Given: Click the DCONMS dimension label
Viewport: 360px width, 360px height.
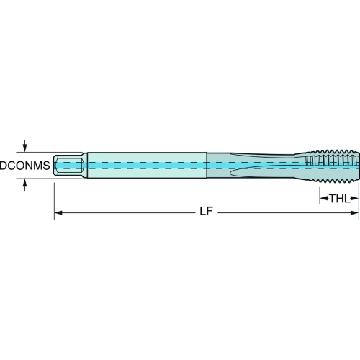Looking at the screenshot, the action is click(x=25, y=166).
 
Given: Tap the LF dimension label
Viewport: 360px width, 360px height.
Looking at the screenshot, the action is click(x=207, y=211).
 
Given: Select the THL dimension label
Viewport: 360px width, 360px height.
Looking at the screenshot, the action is click(x=339, y=199).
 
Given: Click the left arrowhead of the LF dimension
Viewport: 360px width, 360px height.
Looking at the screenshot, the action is click(x=58, y=212).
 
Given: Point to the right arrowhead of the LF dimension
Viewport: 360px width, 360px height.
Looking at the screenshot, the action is click(x=354, y=212).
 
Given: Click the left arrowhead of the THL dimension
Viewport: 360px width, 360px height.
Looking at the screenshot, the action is click(x=324, y=199).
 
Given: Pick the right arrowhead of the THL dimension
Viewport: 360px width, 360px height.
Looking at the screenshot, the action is click(x=354, y=199).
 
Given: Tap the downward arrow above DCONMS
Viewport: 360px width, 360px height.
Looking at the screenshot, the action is click(x=24, y=146).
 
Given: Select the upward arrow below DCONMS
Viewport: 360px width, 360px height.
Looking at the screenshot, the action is click(x=24, y=185).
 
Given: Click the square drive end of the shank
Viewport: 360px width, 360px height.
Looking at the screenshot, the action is click(x=68, y=166).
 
